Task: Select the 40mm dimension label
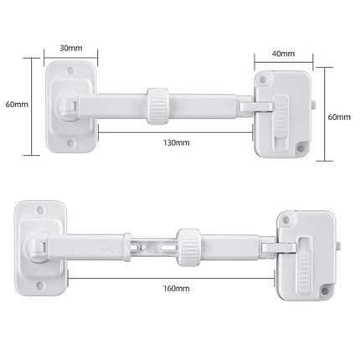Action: coord(284,53)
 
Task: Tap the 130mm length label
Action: coord(176,142)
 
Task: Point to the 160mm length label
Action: coord(175,290)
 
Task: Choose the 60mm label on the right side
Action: coord(338,116)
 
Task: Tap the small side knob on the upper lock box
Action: coord(313,106)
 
